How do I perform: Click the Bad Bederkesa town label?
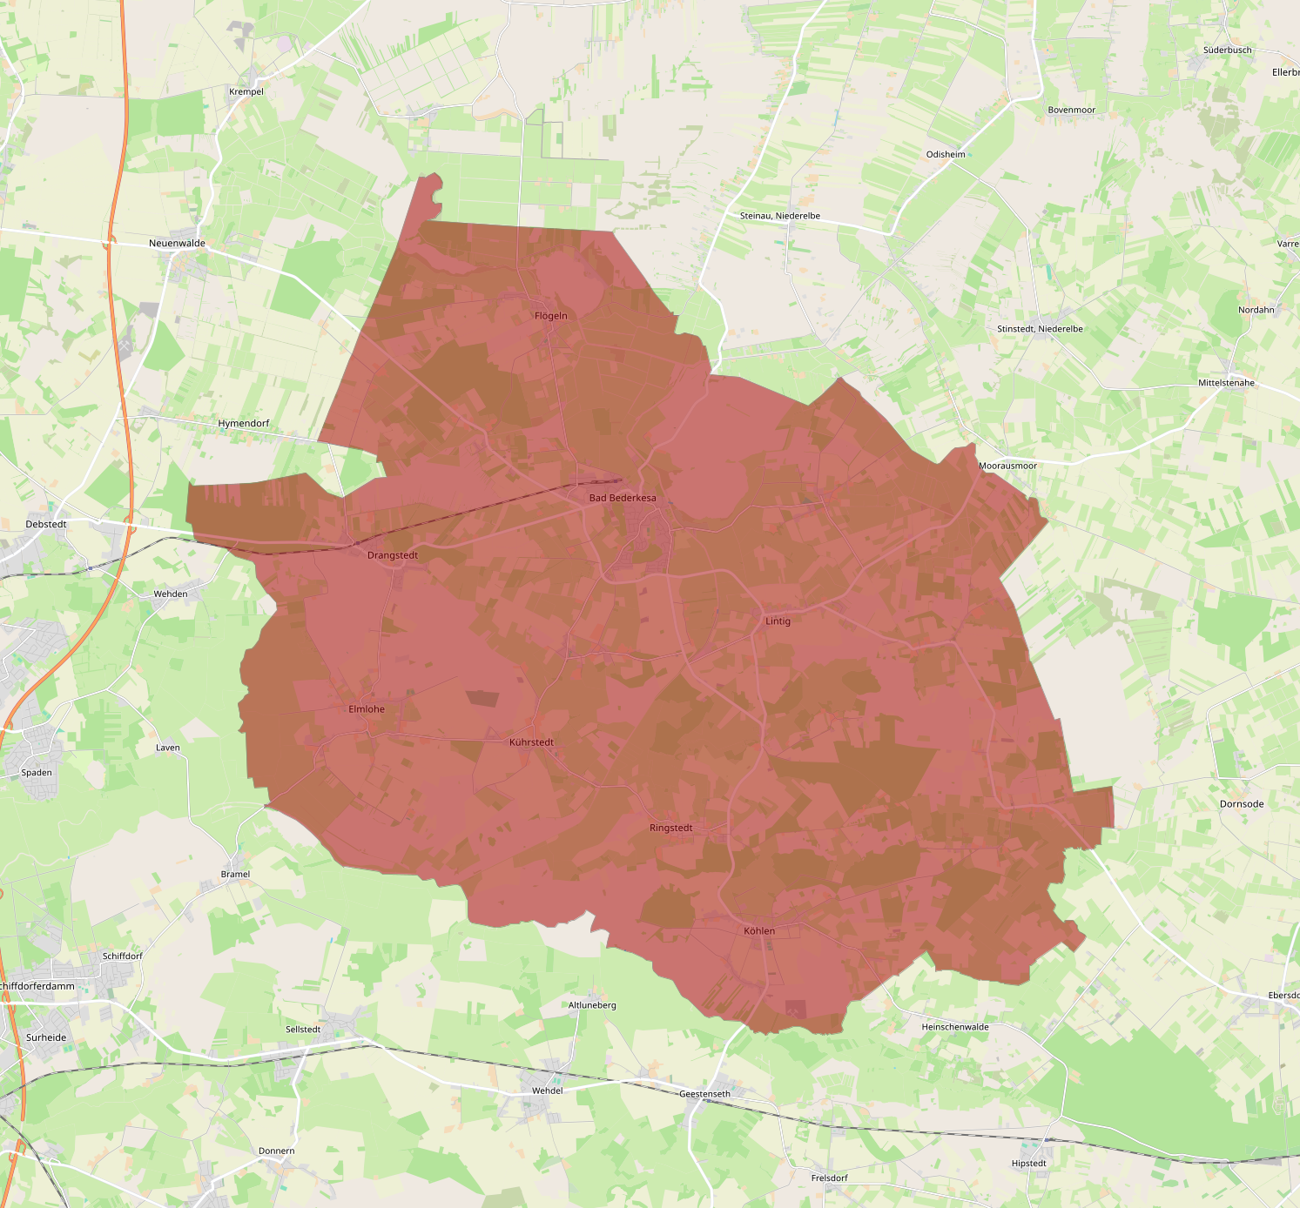(x=623, y=498)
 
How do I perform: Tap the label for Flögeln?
(x=550, y=316)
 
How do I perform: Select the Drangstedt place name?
(x=393, y=555)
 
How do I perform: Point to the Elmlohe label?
(x=367, y=709)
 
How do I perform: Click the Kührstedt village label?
(x=531, y=742)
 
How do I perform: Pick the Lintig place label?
(x=778, y=621)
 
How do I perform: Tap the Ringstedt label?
(x=671, y=828)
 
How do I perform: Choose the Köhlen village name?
(x=759, y=931)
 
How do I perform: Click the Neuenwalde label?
(x=177, y=244)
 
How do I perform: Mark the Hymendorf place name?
(x=244, y=424)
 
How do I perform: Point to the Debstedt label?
(x=46, y=525)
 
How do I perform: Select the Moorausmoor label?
(x=1007, y=466)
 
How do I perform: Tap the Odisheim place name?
(x=946, y=155)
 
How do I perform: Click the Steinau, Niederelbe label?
(x=780, y=216)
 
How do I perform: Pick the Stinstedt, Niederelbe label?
(x=1040, y=329)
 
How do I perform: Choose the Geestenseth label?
(x=704, y=1094)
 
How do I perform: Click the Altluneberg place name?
(x=592, y=1005)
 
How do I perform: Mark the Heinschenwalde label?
(x=955, y=1027)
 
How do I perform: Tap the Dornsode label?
(x=1242, y=804)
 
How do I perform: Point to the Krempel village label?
(x=246, y=91)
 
